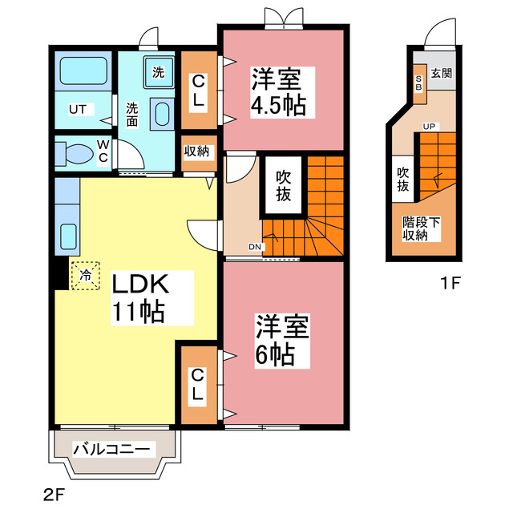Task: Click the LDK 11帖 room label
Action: point(137,297)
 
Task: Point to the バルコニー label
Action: point(112,450)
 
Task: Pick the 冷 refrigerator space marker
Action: point(86,275)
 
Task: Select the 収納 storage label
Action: point(197,151)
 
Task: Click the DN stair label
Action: point(254,246)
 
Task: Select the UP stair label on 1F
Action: point(429,127)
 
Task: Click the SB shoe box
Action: point(418,82)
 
